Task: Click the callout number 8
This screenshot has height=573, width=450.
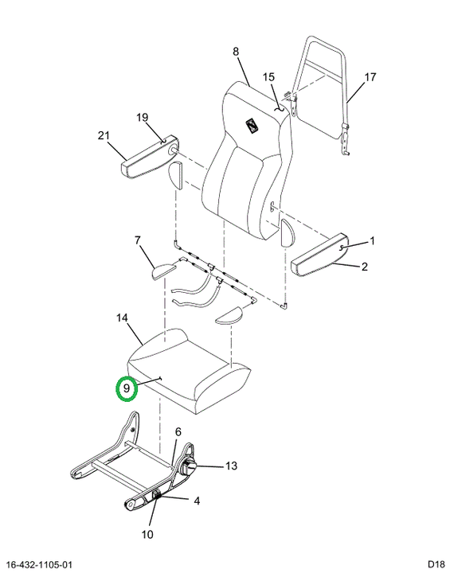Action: coord(236,52)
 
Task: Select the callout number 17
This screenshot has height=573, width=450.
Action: coord(370,77)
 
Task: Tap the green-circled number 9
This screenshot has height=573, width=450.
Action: coord(127,388)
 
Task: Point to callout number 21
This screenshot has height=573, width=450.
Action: coord(104,135)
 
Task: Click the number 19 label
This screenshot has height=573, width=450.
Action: coord(143,117)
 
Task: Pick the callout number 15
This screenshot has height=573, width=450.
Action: coord(268,77)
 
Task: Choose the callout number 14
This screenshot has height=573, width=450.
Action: coord(122,318)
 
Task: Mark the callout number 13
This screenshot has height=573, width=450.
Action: coord(231,466)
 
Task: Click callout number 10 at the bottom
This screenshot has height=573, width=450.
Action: coord(147,535)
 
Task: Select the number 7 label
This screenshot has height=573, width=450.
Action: coord(137,240)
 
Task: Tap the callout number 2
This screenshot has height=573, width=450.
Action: coord(365,267)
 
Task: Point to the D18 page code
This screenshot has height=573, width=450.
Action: coord(436,564)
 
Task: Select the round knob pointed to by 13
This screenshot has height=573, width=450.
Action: coord(189,466)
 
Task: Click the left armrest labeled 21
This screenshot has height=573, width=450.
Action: coord(149,158)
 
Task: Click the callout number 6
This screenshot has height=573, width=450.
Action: coord(178,432)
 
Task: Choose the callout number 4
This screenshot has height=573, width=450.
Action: coord(197,501)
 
